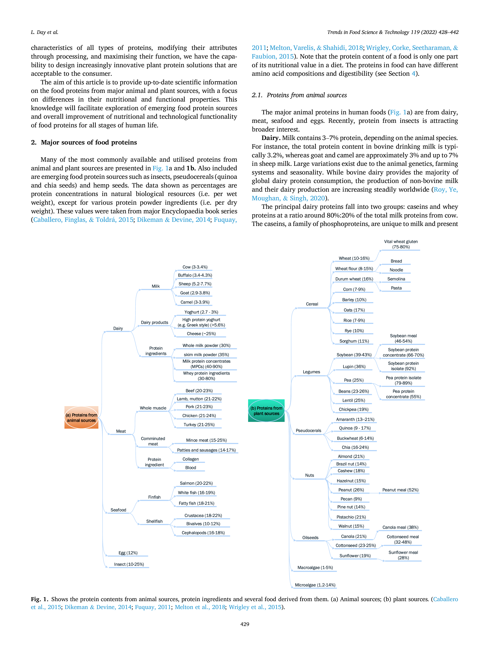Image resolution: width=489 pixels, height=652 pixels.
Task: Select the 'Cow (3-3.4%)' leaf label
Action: (x=195, y=267)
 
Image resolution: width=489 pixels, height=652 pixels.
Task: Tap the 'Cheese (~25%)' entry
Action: (x=201, y=333)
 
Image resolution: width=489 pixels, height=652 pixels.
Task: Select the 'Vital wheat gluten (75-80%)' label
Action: (x=401, y=244)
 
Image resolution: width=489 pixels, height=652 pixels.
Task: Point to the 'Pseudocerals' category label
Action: (x=308, y=430)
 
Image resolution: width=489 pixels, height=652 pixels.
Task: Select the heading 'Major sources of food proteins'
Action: (x=89, y=142)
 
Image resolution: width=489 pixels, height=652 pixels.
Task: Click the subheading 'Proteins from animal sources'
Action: (x=307, y=95)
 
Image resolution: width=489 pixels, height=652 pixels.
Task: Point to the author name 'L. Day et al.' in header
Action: (x=45, y=32)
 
